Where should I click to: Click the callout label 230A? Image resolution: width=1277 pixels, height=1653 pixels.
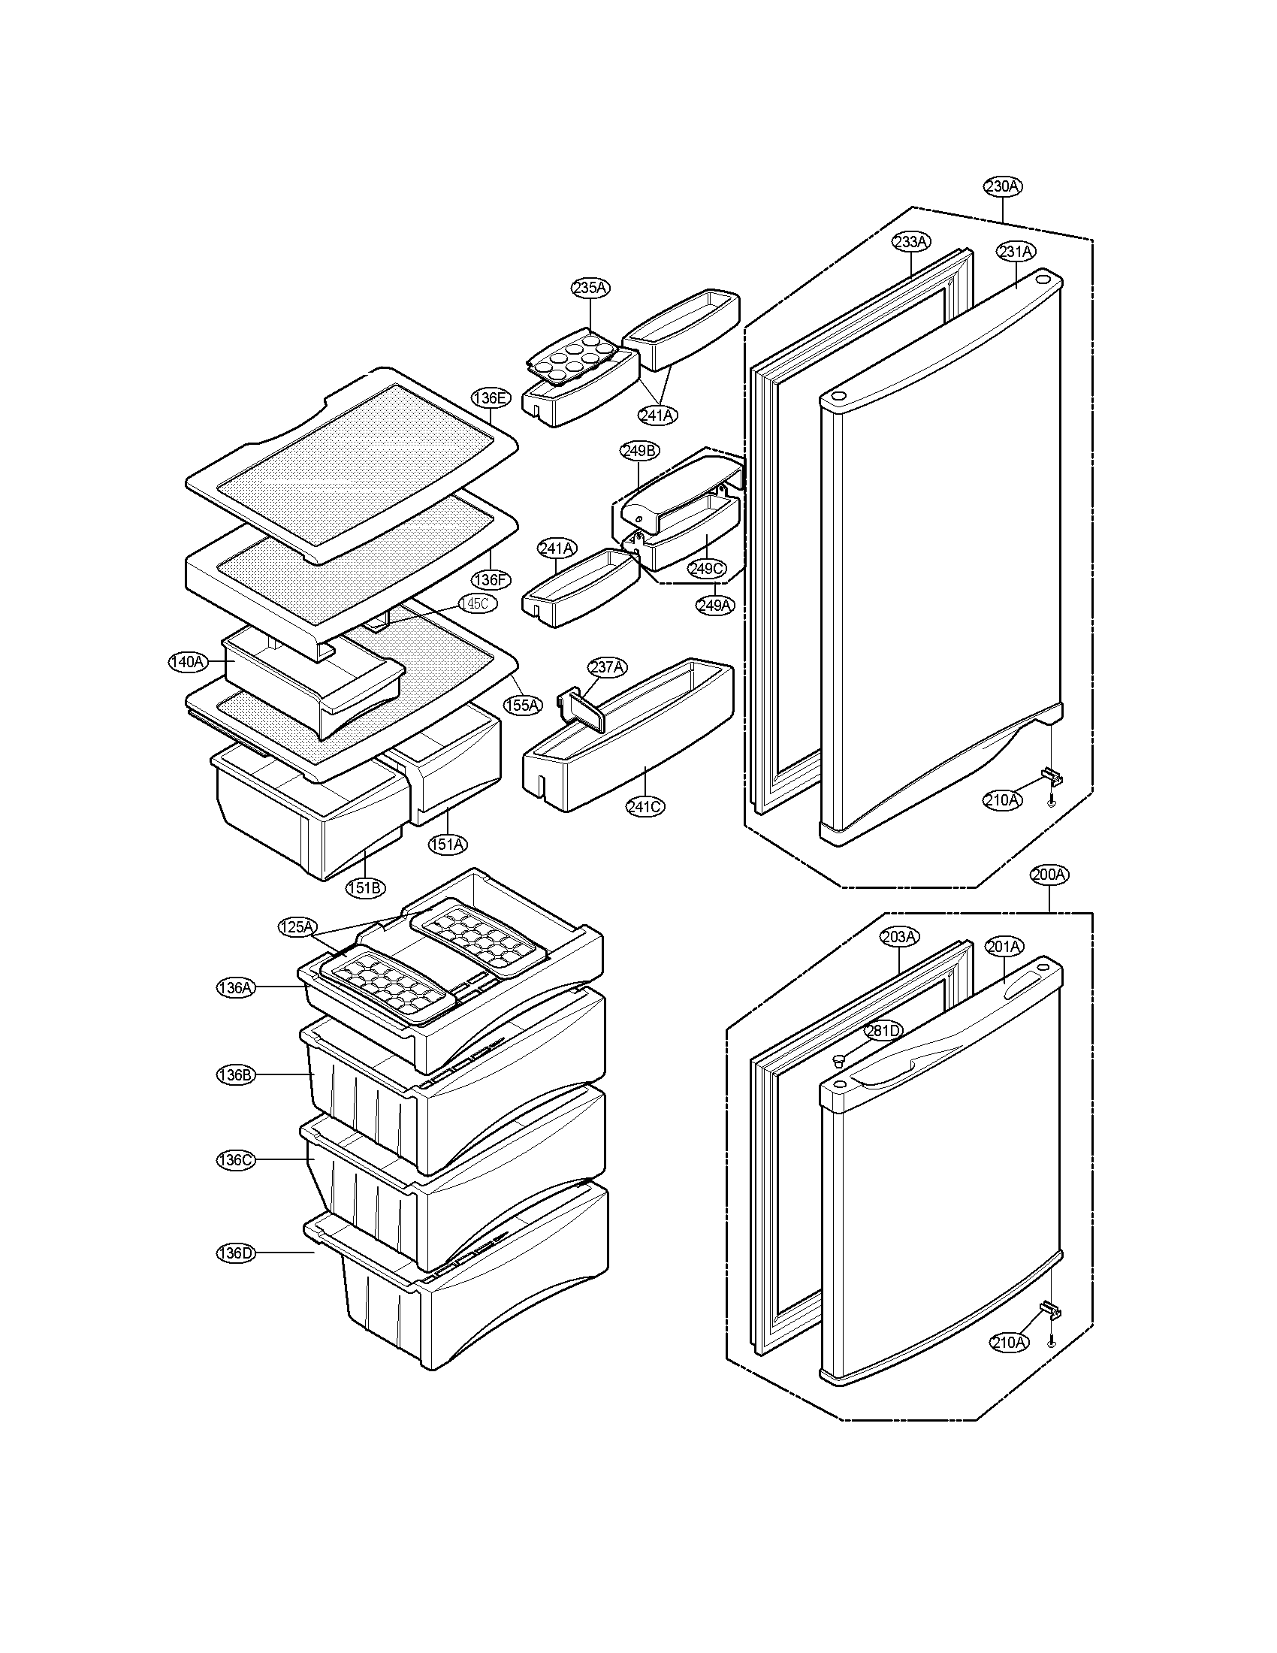click(1003, 186)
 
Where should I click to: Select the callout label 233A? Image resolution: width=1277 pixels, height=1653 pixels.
click(911, 242)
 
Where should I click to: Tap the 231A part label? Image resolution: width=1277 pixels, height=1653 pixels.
click(1016, 251)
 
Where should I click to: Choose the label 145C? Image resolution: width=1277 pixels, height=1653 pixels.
click(478, 603)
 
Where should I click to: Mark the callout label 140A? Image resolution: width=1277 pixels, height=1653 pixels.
click(187, 661)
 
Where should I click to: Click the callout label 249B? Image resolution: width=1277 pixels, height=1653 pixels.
click(639, 451)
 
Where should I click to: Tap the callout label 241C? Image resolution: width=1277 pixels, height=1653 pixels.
click(645, 807)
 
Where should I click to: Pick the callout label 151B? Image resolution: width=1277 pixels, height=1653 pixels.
click(364, 888)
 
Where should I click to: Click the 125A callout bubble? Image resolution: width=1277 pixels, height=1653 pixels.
click(297, 927)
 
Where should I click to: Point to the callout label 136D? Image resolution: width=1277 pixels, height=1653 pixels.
click(235, 1253)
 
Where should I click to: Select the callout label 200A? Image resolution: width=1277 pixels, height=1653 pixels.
click(1049, 875)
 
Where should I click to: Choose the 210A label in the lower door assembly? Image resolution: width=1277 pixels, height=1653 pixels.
click(1009, 1342)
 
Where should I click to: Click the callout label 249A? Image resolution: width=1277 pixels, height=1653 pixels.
click(715, 606)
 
